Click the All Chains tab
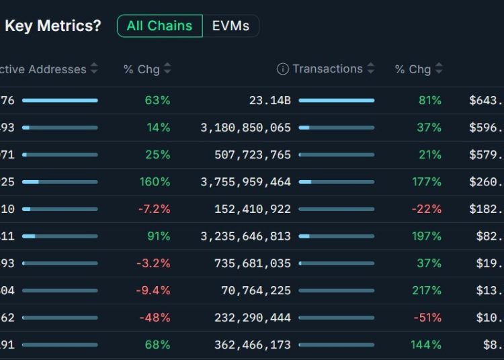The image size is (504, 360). pyautogui.click(x=159, y=26)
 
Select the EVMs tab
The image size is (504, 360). pyautogui.click(x=230, y=26)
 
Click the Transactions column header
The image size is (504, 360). pyautogui.click(x=327, y=69)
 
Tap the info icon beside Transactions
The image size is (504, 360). pyautogui.click(x=283, y=69)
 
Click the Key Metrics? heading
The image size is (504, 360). pyautogui.click(x=53, y=26)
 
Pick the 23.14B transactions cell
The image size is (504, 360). pyautogui.click(x=270, y=100)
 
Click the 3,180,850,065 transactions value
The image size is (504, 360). pyautogui.click(x=246, y=128)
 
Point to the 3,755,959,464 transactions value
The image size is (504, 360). pyautogui.click(x=246, y=182)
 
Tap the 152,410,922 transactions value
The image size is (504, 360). pyautogui.click(x=253, y=209)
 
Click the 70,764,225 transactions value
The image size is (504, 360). pyautogui.click(x=256, y=290)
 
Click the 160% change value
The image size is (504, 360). pyautogui.click(x=155, y=182)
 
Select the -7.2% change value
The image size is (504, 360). pyautogui.click(x=154, y=209)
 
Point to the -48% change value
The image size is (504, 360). pyautogui.click(x=155, y=318)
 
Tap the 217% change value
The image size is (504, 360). pyautogui.click(x=426, y=290)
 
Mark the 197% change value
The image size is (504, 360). pyautogui.click(x=426, y=236)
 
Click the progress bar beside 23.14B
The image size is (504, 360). pyautogui.click(x=337, y=100)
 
